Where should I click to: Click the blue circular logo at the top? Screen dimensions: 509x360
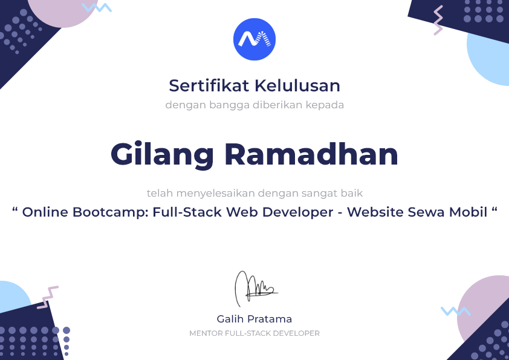[254, 39]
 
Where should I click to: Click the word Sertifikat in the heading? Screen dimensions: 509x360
[209, 86]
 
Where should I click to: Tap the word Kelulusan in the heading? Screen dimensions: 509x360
[297, 86]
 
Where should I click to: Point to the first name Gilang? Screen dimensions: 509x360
[162, 155]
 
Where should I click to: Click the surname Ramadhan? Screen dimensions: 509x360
[311, 154]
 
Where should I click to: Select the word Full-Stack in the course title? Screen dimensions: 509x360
[187, 212]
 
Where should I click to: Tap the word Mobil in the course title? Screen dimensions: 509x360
[468, 212]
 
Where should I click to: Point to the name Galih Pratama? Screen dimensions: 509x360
[254, 319]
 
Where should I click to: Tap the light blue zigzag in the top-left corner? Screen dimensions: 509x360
[96, 7]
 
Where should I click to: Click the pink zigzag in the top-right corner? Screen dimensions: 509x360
[438, 20]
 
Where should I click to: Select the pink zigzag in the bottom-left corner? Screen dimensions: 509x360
[48, 297]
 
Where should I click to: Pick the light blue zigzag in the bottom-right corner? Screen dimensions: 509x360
[456, 311]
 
